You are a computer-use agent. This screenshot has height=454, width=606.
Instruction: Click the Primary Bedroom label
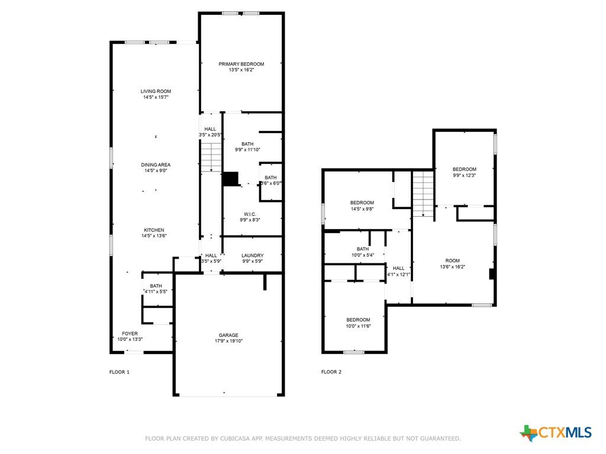point(241,64)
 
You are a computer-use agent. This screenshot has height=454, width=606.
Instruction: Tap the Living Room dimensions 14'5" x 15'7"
point(156,97)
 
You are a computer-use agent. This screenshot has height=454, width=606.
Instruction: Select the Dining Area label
point(156,165)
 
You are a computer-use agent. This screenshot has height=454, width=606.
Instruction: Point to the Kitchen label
point(154,230)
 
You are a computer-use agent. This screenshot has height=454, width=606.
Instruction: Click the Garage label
point(228,335)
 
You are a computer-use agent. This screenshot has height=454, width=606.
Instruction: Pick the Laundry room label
point(252,256)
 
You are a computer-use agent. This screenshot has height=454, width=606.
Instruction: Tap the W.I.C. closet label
point(250,214)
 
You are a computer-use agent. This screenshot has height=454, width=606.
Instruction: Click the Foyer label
point(130,333)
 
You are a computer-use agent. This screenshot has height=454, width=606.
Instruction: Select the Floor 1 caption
point(120,372)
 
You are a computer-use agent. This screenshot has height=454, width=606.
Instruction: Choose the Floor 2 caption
point(331,372)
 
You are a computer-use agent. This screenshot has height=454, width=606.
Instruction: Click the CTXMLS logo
point(556,432)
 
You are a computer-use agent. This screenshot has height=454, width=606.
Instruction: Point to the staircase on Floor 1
point(211,157)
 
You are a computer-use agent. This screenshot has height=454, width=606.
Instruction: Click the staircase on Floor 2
point(423,194)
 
